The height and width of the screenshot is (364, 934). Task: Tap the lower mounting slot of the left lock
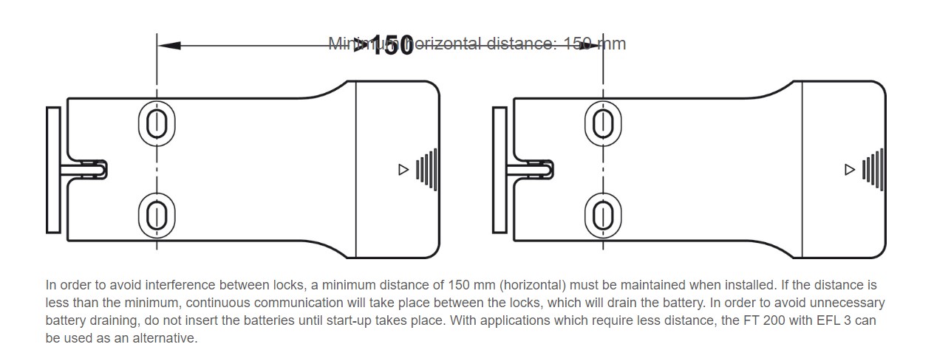(x=156, y=216)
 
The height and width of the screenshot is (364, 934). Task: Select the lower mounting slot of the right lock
(x=602, y=216)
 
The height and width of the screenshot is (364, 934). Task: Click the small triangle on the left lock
(x=403, y=170)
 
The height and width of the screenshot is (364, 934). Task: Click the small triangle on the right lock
(x=849, y=170)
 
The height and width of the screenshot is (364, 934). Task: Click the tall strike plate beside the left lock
(x=53, y=170)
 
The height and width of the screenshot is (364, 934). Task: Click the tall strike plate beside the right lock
(x=500, y=170)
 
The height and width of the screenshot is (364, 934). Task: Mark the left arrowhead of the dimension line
(x=169, y=45)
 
